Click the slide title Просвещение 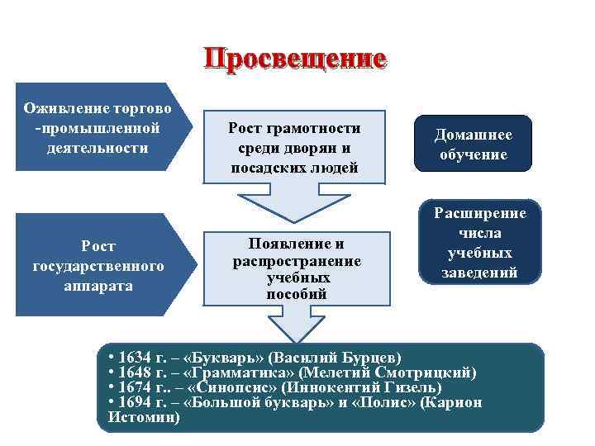click(295, 59)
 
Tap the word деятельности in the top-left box click(98, 149)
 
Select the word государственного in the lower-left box click(98, 265)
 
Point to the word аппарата click(98, 285)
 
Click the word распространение click(296, 261)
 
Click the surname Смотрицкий click(425, 372)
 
